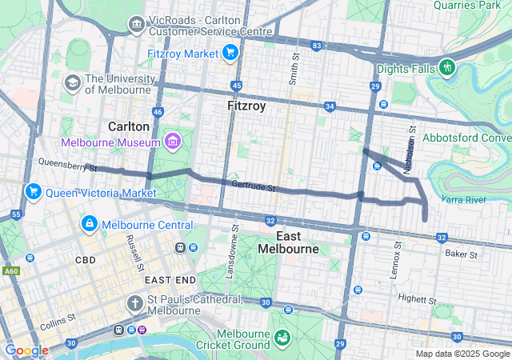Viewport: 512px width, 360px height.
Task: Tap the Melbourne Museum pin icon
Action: point(172,142)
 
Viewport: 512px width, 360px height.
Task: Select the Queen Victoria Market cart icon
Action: point(34,192)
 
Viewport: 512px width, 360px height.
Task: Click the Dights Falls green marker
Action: point(446,68)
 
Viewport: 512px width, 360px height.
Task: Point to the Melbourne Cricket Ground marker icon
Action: point(282,336)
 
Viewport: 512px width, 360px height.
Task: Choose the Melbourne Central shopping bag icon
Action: point(89,225)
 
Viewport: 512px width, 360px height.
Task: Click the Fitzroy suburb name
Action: point(246,106)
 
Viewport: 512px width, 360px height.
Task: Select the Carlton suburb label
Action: point(129,126)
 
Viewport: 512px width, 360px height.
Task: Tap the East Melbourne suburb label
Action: point(288,243)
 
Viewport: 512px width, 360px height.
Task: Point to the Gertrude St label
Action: point(253,187)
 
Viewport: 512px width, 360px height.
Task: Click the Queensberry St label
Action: point(66,165)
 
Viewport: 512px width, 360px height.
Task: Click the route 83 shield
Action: point(317,46)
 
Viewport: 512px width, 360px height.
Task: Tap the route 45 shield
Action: point(236,85)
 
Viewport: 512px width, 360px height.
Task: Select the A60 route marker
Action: point(11,271)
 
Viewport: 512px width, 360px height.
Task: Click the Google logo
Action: point(26,350)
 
